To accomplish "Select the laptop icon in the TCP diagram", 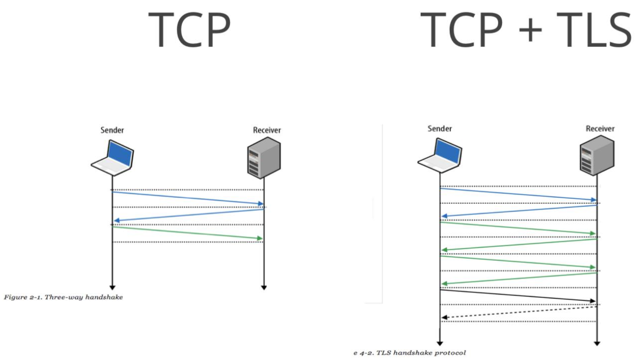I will point(112,157).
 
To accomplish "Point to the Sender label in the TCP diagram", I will point(112,131).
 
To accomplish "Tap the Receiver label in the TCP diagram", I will point(267,131).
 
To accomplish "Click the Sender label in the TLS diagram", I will point(440,129).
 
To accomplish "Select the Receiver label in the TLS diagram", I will point(600,129).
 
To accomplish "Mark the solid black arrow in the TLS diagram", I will point(517,295).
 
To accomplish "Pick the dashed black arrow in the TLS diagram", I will point(518,312).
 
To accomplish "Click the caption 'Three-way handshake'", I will point(63,297).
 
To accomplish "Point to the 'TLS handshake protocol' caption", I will point(410,352).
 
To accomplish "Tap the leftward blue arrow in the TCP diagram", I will point(188,215).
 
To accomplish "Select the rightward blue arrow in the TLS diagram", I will point(517,194).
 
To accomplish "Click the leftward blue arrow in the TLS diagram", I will point(518,211).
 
